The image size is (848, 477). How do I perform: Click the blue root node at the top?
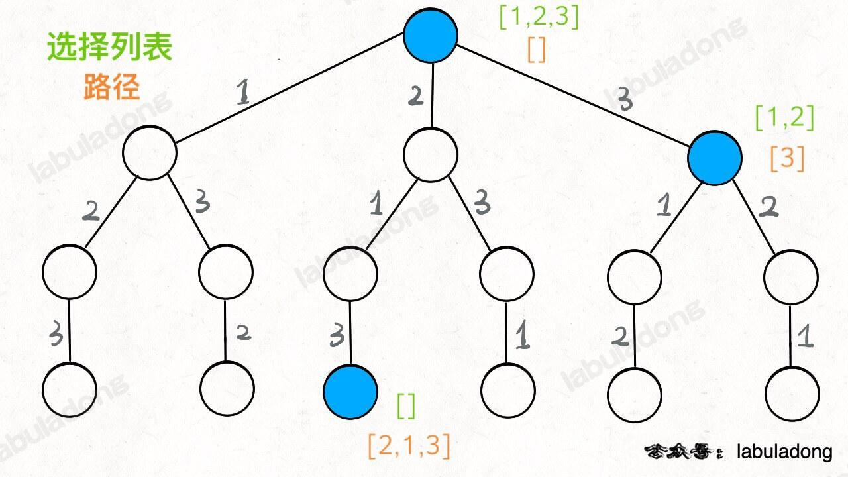click(x=431, y=36)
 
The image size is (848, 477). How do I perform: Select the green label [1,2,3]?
click(x=539, y=18)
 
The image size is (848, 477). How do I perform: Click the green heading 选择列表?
click(x=109, y=47)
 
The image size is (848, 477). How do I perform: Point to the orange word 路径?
click(x=112, y=87)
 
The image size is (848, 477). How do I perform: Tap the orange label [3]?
click(x=787, y=158)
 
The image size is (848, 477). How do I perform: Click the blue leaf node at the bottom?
click(x=350, y=392)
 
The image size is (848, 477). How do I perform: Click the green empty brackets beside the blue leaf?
click(x=406, y=405)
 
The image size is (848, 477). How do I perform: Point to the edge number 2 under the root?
click(x=415, y=97)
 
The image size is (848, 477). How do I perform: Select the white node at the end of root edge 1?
click(x=150, y=152)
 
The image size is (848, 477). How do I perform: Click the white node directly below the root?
click(x=431, y=154)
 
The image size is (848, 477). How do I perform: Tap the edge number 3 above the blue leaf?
click(x=337, y=336)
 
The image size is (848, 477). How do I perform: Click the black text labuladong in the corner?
click(x=784, y=452)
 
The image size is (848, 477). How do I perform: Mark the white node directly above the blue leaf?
click(x=350, y=272)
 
